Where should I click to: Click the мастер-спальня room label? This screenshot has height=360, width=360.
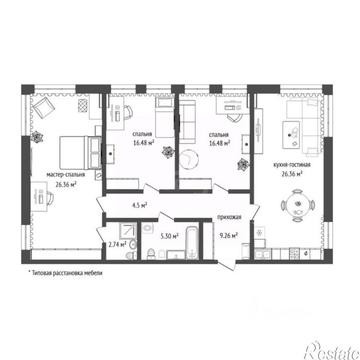[66, 175]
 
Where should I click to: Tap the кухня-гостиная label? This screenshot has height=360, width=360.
[292, 165]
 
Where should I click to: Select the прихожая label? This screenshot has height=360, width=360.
[229, 217]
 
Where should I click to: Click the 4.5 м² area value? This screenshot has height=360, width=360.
[140, 205]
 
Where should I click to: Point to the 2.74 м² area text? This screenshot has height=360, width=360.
[117, 244]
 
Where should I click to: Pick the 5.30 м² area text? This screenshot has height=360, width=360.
[170, 236]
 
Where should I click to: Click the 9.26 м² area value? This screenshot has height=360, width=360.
[228, 235]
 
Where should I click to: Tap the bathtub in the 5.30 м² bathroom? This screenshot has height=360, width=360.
[192, 243]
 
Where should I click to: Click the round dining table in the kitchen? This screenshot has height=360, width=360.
[298, 205]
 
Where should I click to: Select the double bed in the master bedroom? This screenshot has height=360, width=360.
[80, 152]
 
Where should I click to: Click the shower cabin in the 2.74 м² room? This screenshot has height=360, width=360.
[128, 231]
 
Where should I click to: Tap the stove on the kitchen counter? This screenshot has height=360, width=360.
[294, 254]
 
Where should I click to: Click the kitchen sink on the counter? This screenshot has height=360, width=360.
[263, 254]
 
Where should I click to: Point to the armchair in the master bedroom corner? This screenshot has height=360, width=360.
[44, 107]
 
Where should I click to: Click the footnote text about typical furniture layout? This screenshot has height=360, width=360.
[65, 273]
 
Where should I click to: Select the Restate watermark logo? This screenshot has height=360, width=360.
[332, 351]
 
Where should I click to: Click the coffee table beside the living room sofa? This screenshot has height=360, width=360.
[291, 135]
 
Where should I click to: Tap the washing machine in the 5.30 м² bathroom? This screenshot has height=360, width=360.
[147, 228]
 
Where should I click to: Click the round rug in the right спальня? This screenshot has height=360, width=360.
[189, 159]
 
